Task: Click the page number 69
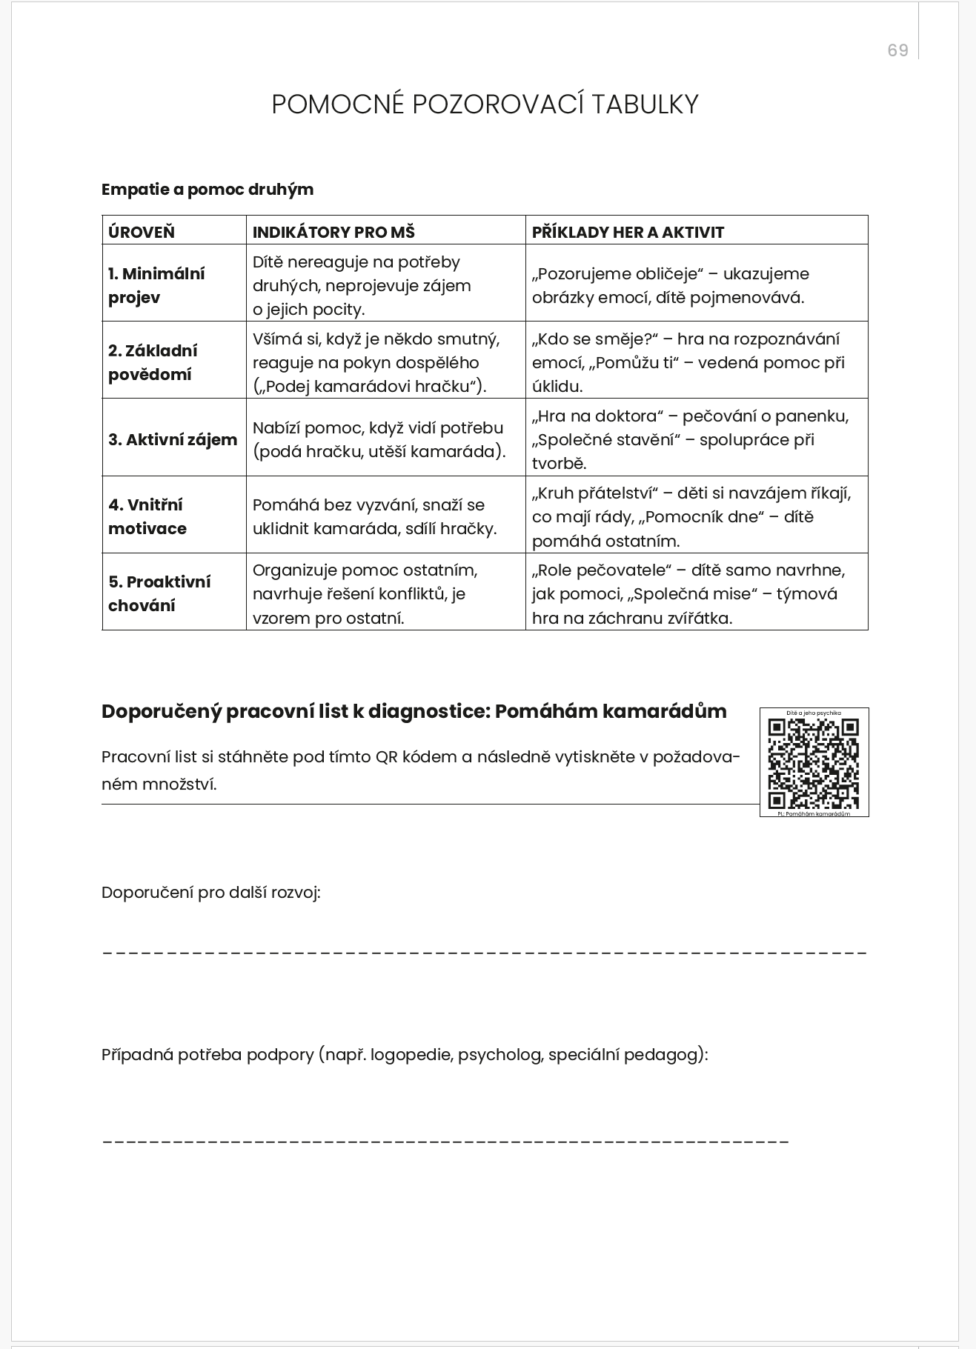pyautogui.click(x=897, y=50)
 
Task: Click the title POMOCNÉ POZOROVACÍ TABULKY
pyautogui.click(x=485, y=104)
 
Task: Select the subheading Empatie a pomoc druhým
pyautogui.click(x=208, y=190)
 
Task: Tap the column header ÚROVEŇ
pyautogui.click(x=142, y=232)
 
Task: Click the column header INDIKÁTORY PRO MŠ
pyautogui.click(x=333, y=232)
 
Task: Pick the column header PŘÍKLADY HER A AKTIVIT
pyautogui.click(x=628, y=232)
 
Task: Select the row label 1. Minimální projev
pyautogui.click(x=156, y=285)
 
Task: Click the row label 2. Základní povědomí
pyautogui.click(x=153, y=362)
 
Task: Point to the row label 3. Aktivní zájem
pyautogui.click(x=173, y=439)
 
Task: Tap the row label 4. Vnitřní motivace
pyautogui.click(x=147, y=516)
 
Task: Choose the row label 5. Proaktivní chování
pyautogui.click(x=159, y=593)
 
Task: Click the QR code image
pyautogui.click(x=814, y=763)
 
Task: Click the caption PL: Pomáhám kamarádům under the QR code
pyautogui.click(x=814, y=813)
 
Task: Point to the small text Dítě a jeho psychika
pyautogui.click(x=814, y=713)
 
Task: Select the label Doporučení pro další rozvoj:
pyautogui.click(x=211, y=893)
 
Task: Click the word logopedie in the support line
pyautogui.click(x=411, y=1055)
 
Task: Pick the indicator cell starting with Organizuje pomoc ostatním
pyautogui.click(x=365, y=593)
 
